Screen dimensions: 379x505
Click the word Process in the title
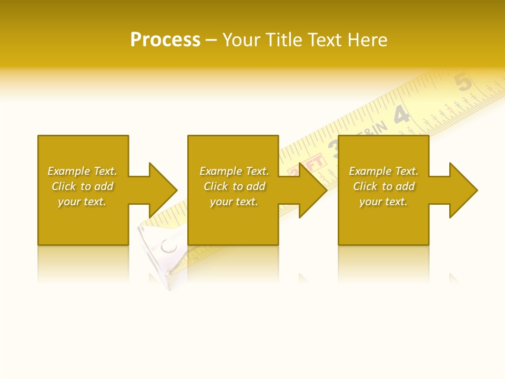tap(165, 40)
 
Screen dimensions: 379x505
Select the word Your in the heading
tap(242, 40)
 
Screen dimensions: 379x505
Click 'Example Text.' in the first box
tap(82, 171)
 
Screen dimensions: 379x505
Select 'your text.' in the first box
tap(82, 202)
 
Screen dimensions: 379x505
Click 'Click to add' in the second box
tap(234, 186)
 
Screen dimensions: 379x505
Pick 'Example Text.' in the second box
tap(234, 171)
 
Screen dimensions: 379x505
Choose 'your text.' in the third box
tap(383, 202)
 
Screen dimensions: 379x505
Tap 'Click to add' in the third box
tap(383, 186)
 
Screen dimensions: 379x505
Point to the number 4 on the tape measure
tap(401, 115)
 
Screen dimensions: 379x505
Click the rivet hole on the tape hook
tap(168, 245)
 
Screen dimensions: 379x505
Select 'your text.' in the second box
tap(234, 202)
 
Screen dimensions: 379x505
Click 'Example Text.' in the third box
tap(383, 171)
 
